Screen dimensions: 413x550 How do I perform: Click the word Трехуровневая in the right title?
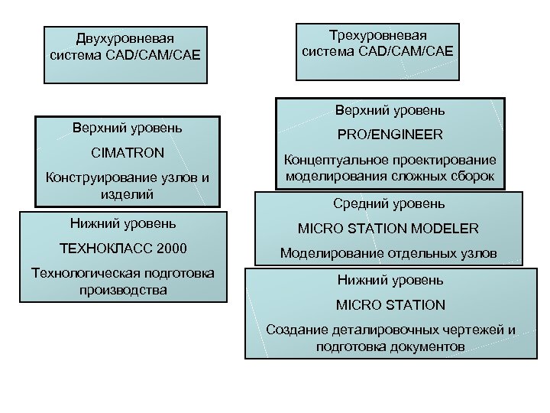point(377,36)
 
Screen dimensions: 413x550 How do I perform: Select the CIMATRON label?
point(127,153)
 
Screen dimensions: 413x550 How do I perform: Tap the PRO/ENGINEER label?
point(389,135)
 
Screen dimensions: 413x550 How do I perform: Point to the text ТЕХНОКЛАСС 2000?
point(123,249)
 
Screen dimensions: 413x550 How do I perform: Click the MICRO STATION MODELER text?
point(389,229)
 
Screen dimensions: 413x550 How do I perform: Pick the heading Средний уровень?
point(389,204)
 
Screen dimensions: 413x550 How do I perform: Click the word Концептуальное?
point(331,161)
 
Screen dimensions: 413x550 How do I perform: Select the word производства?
point(123,291)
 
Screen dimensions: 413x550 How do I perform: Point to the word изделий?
point(127,194)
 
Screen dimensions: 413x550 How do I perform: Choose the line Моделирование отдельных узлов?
point(389,253)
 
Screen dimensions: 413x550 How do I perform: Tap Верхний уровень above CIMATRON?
point(127,127)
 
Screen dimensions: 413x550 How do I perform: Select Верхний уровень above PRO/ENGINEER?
point(389,110)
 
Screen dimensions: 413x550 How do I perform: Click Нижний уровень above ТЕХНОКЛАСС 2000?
point(123,223)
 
